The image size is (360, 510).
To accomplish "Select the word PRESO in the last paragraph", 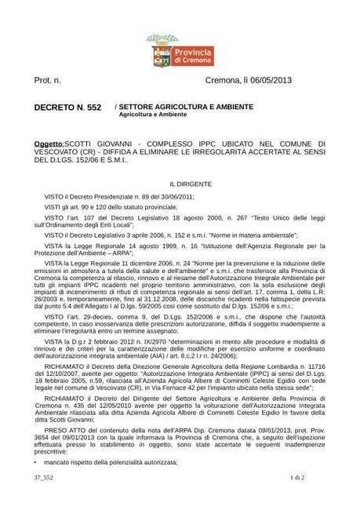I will (x=57, y=430).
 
